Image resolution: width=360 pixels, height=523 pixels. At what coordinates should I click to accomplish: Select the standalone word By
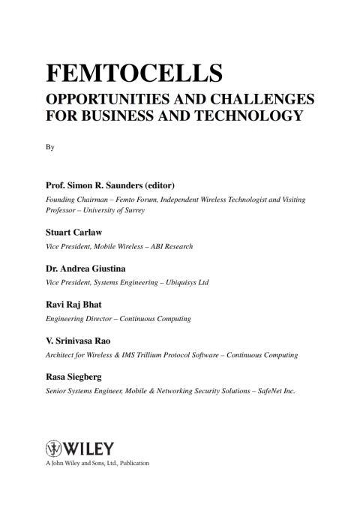point(50,148)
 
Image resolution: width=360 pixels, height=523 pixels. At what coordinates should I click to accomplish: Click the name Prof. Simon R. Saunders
point(94,185)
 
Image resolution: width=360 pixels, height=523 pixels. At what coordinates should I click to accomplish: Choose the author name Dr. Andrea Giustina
point(88,269)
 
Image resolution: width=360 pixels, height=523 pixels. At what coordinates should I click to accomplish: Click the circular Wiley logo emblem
point(55,449)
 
